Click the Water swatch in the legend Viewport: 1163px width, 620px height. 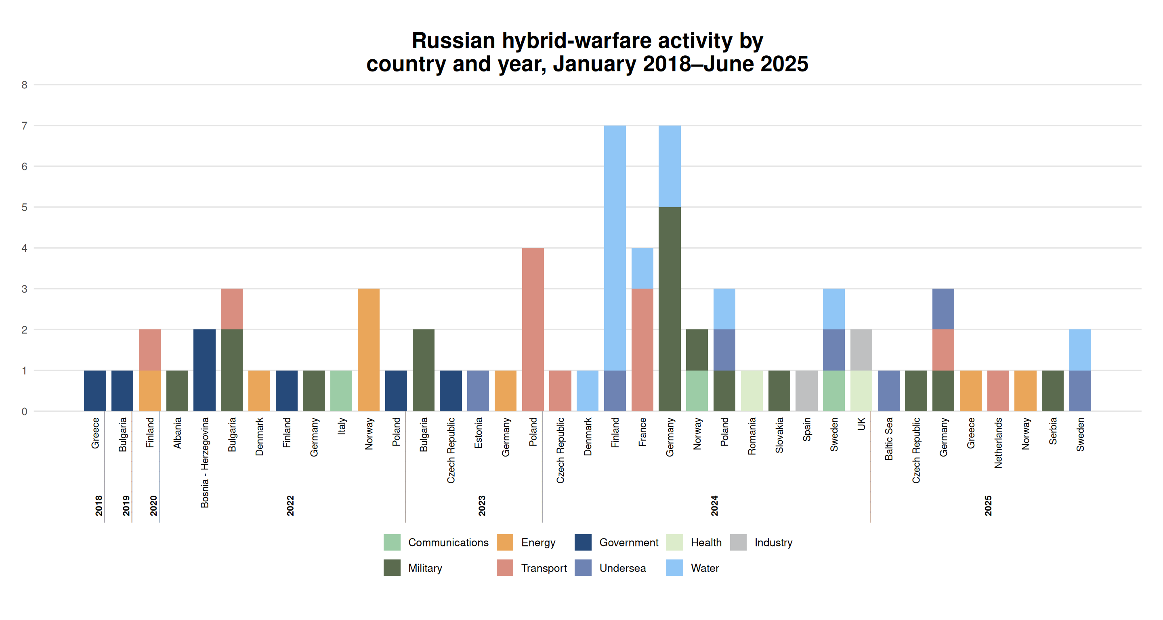click(674, 568)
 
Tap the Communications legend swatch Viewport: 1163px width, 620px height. click(392, 542)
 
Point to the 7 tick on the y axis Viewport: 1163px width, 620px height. click(24, 126)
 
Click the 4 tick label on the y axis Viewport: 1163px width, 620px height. click(24, 248)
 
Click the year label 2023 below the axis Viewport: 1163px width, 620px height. click(482, 505)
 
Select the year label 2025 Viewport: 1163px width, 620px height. click(988, 505)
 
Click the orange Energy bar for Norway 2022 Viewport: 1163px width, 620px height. click(368, 350)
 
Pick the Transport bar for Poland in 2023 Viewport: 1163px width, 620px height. click(533, 329)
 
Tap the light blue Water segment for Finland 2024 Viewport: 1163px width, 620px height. click(615, 248)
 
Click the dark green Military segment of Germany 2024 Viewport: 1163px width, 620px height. click(670, 309)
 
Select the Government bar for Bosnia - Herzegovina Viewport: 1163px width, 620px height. click(204, 370)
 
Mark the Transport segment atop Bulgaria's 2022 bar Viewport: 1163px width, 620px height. click(232, 309)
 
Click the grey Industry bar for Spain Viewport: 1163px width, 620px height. click(806, 391)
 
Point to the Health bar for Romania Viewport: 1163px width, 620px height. click(752, 391)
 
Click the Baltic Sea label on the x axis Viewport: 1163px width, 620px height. click(888, 439)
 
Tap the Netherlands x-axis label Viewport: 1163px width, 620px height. click(998, 443)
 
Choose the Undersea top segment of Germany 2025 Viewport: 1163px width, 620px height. click(943, 309)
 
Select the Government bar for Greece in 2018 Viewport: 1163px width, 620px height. click(95, 391)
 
